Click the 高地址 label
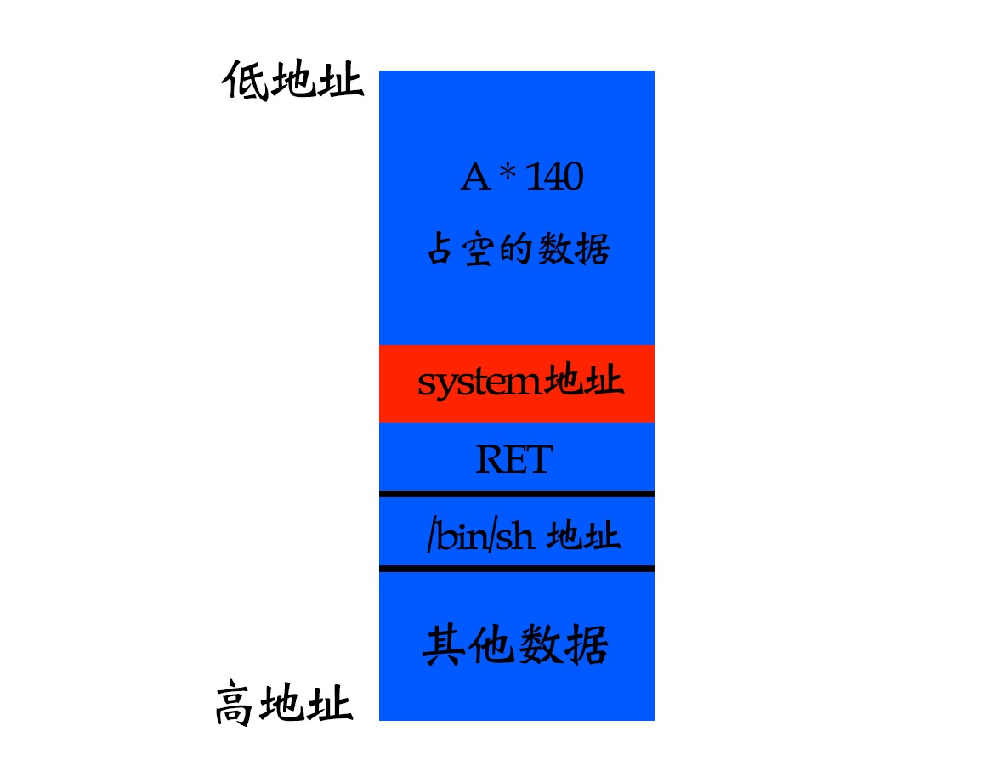pyautogui.click(x=283, y=705)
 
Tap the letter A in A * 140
pyautogui.click(x=476, y=178)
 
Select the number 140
pyautogui.click(x=554, y=178)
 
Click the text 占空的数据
pyautogui.click(x=518, y=251)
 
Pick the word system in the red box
pyautogui.click(x=479, y=383)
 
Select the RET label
pyautogui.click(x=513, y=460)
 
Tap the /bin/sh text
pyautogui.click(x=479, y=537)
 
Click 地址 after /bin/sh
pyautogui.click(x=583, y=537)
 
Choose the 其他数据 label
pyautogui.click(x=516, y=645)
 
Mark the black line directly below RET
pyautogui.click(x=516, y=493)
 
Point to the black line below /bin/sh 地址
pyautogui.click(x=516, y=568)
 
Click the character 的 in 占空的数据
pyautogui.click(x=518, y=251)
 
